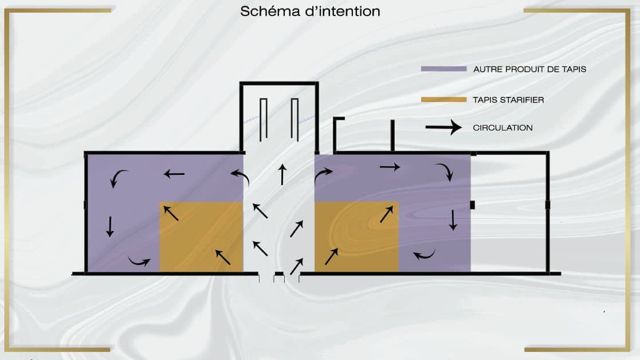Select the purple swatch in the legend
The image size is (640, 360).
pos(443,69)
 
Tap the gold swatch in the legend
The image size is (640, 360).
pos(443,100)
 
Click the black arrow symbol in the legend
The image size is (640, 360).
pos(443,127)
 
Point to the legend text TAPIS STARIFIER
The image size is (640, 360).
pos(508,100)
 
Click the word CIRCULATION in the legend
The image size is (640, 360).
pos(502,128)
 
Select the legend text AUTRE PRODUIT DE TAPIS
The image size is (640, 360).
pos(529,69)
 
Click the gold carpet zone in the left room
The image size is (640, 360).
pos(201,236)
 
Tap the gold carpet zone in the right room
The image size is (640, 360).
pos(356,236)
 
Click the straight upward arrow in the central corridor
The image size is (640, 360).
pos(282,174)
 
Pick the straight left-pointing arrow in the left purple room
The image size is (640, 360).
pos(174,173)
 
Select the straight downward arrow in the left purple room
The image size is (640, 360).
pos(109,226)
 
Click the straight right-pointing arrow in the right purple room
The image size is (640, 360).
pos(390,167)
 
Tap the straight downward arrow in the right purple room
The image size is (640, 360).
pos(453,220)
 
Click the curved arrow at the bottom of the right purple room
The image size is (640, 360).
pos(424,255)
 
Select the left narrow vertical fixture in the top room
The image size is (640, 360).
pos(264,119)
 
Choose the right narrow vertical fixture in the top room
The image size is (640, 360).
pos(295,119)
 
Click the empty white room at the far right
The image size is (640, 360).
pos(509,212)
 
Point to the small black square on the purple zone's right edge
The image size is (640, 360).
pos(473,205)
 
